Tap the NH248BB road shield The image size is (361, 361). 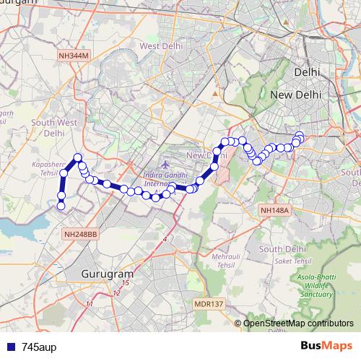pos(79,234)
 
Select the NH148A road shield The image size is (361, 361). pos(275,210)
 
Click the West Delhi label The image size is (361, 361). pos(159,46)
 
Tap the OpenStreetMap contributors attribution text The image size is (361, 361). pos(297,323)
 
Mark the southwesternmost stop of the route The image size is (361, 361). pos(61,206)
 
